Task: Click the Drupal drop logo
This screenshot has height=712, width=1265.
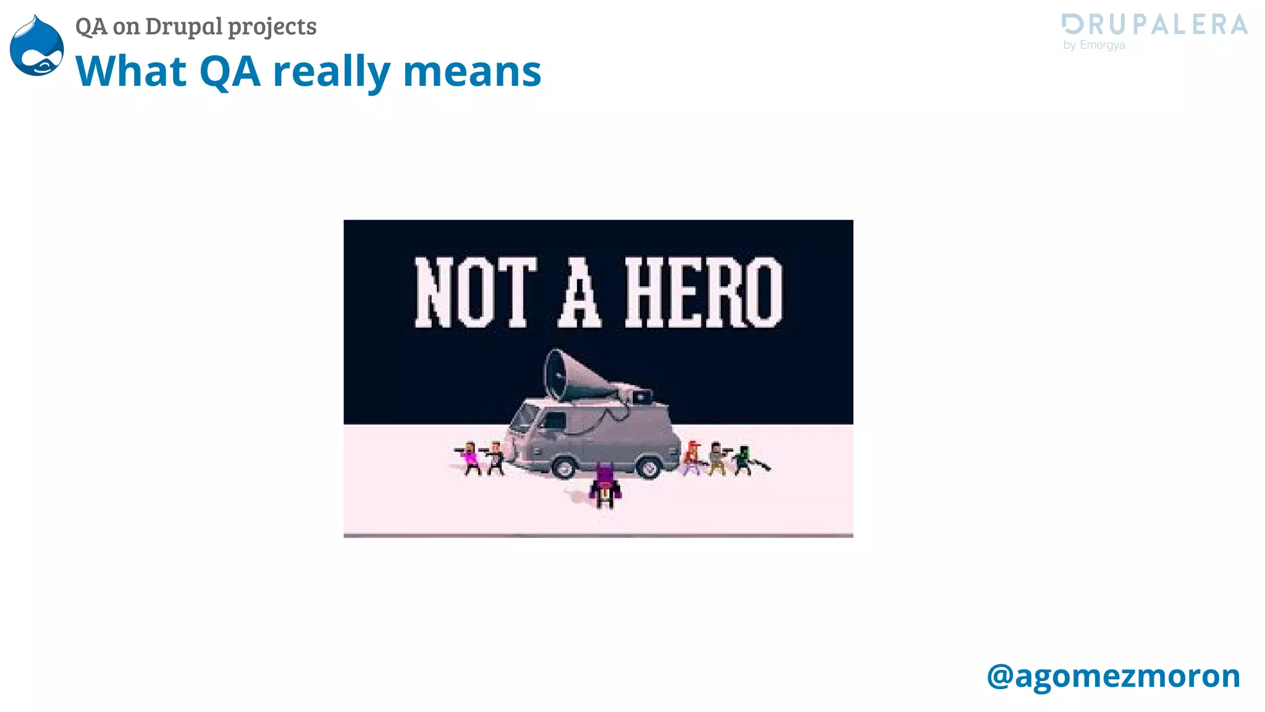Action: tap(37, 46)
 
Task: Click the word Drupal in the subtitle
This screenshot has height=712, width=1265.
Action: tap(183, 27)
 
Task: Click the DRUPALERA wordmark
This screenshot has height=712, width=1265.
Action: tap(1154, 25)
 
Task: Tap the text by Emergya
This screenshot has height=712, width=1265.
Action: tap(1094, 45)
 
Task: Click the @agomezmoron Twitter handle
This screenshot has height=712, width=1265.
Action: tap(1113, 676)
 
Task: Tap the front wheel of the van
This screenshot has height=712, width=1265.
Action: tap(563, 467)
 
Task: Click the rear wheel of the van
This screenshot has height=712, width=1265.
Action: tap(649, 467)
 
